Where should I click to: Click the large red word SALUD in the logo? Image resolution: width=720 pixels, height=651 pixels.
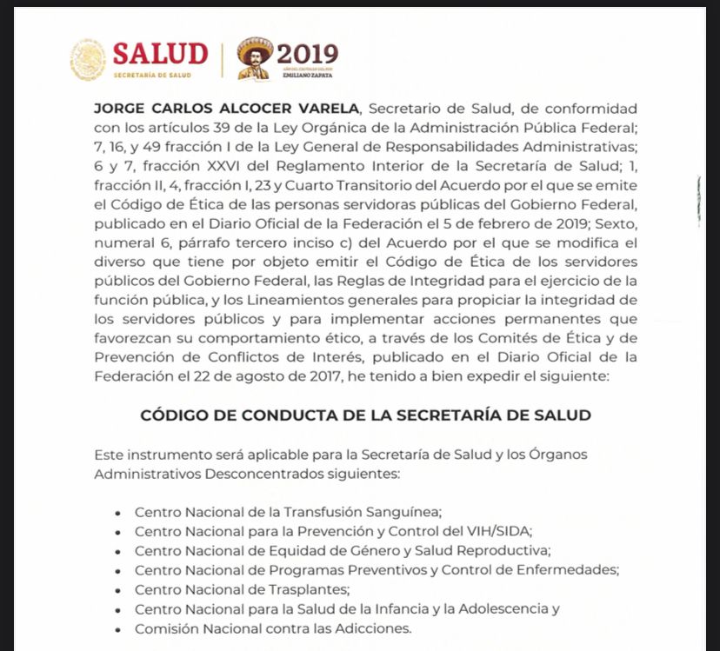point(161,54)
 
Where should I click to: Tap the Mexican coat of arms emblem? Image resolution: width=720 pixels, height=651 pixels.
point(88,59)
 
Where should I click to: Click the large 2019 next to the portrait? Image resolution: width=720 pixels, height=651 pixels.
point(307,54)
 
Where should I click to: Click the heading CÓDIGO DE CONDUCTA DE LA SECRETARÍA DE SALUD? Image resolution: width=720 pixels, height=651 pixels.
point(365,415)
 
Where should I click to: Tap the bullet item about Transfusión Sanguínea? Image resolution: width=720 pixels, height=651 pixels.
point(289,512)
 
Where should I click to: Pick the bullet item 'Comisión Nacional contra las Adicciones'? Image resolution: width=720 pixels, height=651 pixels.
point(272,628)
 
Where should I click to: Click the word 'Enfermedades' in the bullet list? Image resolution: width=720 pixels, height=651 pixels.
point(568,570)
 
